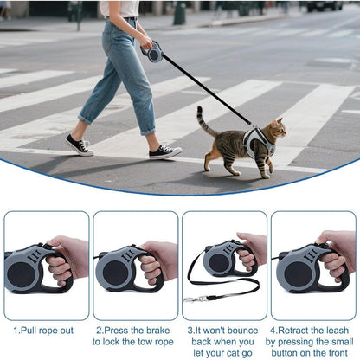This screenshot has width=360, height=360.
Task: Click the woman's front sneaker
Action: (164, 152)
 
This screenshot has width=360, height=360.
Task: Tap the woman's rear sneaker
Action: (79, 145)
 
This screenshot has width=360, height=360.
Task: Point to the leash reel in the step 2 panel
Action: (121, 269)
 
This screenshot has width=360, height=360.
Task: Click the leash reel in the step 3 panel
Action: (220, 260)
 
